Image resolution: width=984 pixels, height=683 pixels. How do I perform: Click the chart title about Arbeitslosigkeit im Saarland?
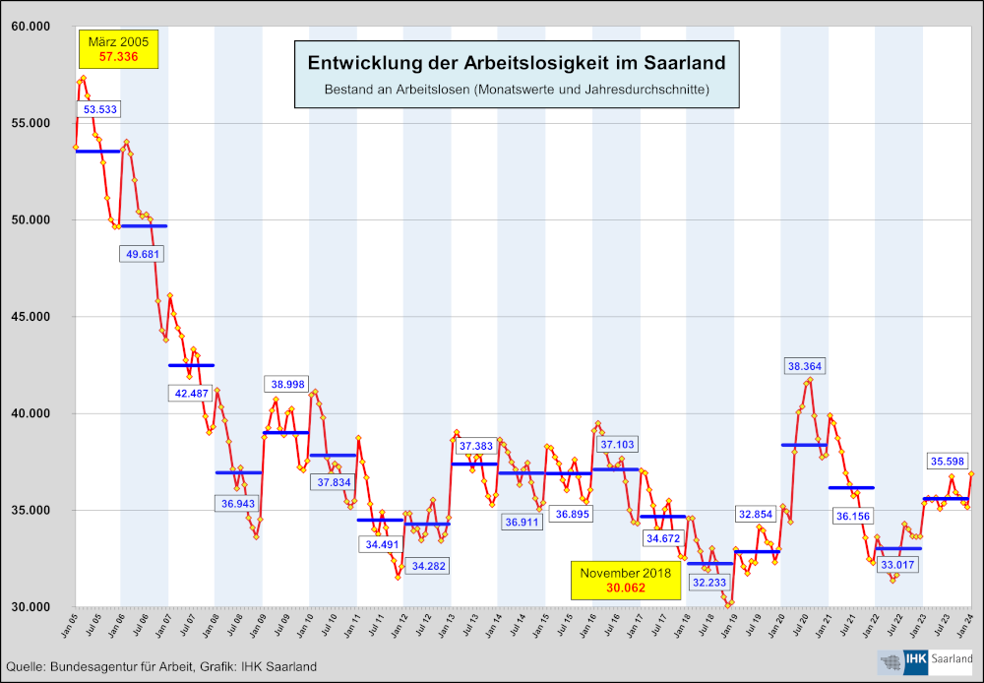point(517,63)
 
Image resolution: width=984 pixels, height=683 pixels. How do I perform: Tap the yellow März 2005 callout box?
point(118,49)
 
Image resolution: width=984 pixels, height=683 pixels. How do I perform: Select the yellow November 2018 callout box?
point(625,581)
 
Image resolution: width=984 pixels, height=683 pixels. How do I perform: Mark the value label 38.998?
point(286,384)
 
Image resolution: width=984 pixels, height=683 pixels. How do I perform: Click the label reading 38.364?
point(806,366)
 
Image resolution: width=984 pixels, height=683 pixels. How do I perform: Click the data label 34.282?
point(427,566)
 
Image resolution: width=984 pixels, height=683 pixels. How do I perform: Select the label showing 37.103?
point(616,445)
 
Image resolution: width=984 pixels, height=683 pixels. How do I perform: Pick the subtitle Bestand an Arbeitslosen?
point(517,90)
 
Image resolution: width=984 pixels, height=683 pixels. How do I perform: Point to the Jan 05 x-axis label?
point(70,623)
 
